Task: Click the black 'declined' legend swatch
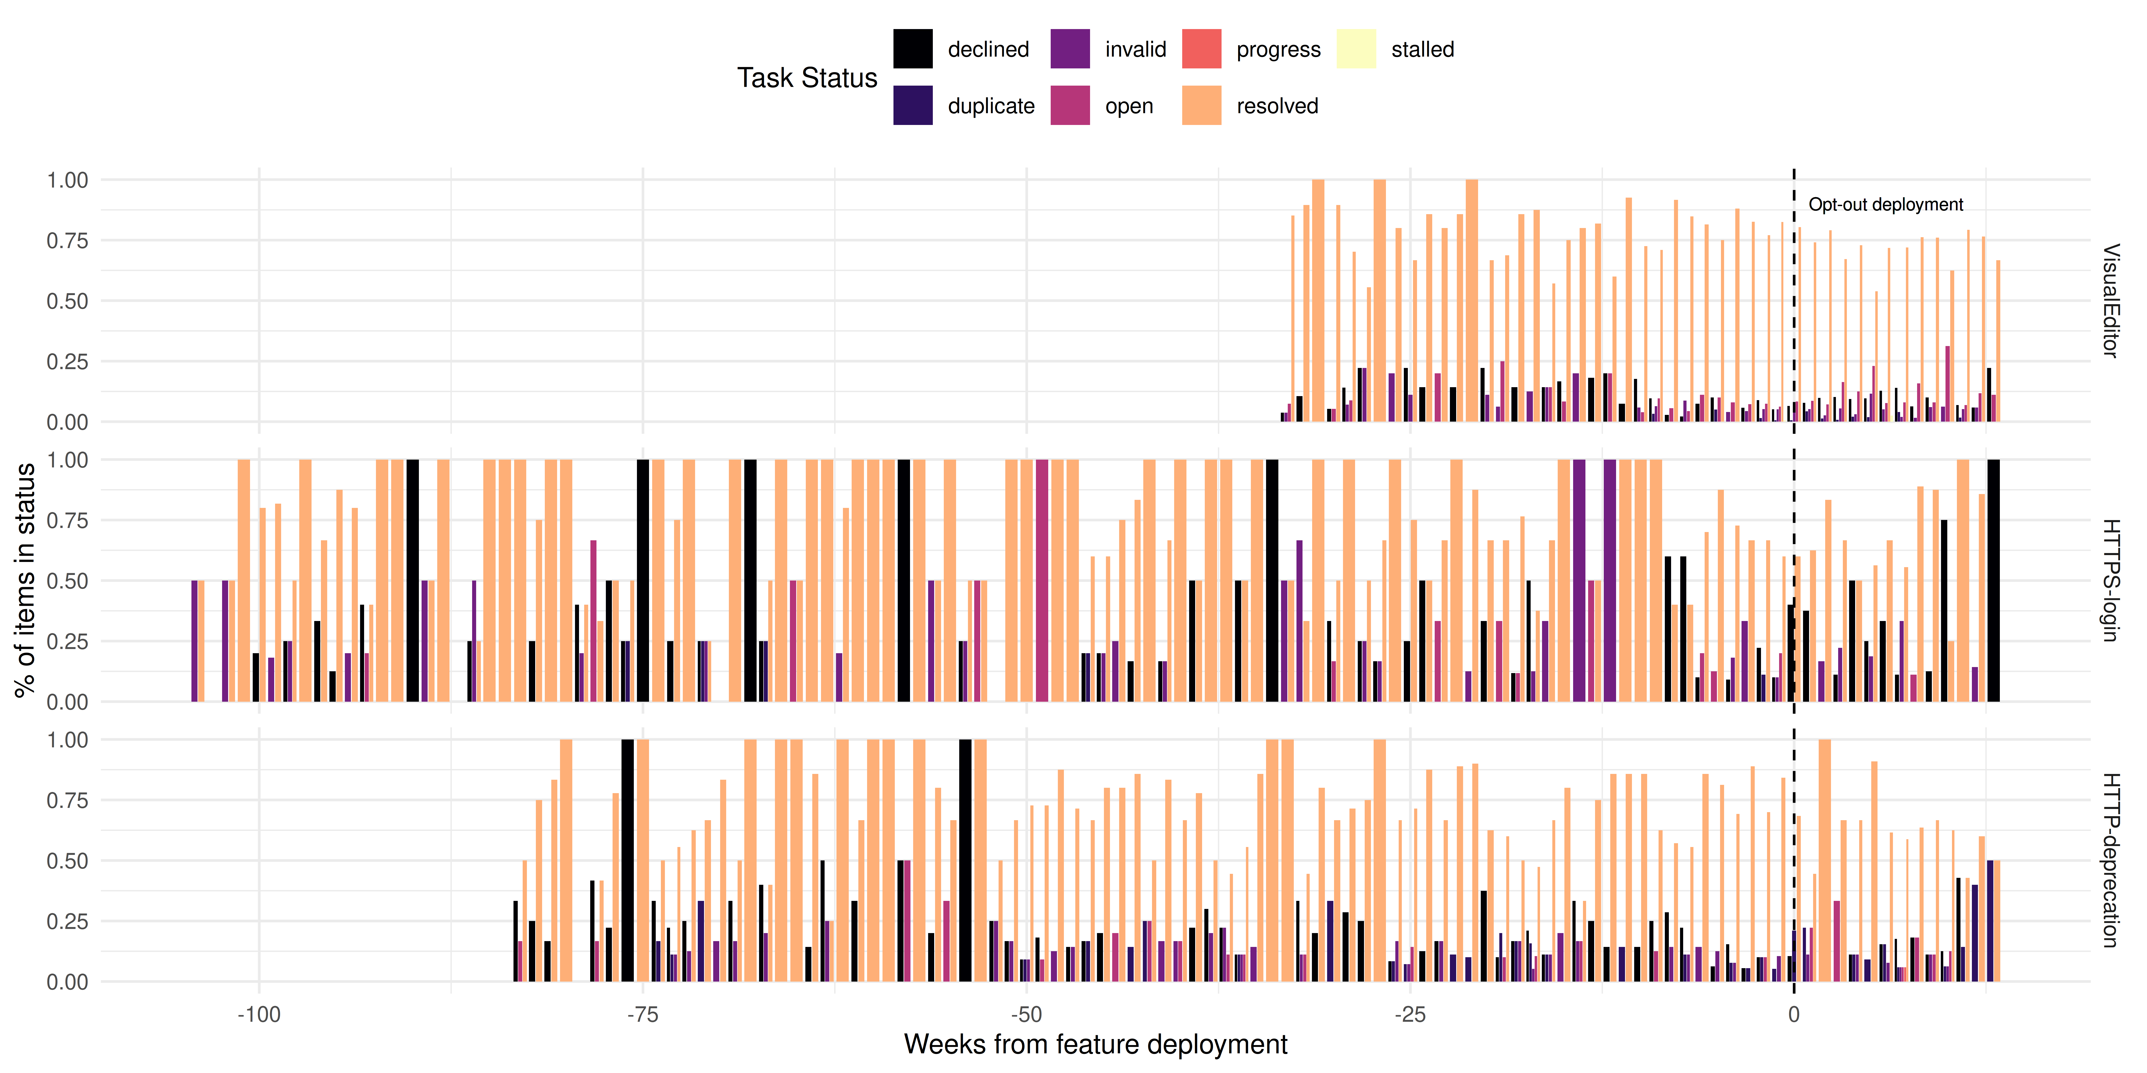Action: point(913,49)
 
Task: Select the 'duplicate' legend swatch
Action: point(913,106)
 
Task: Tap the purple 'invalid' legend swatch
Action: point(1070,49)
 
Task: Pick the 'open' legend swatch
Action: point(1070,106)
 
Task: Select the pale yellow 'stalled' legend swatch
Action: point(1356,49)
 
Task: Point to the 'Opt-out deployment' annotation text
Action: point(1885,205)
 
